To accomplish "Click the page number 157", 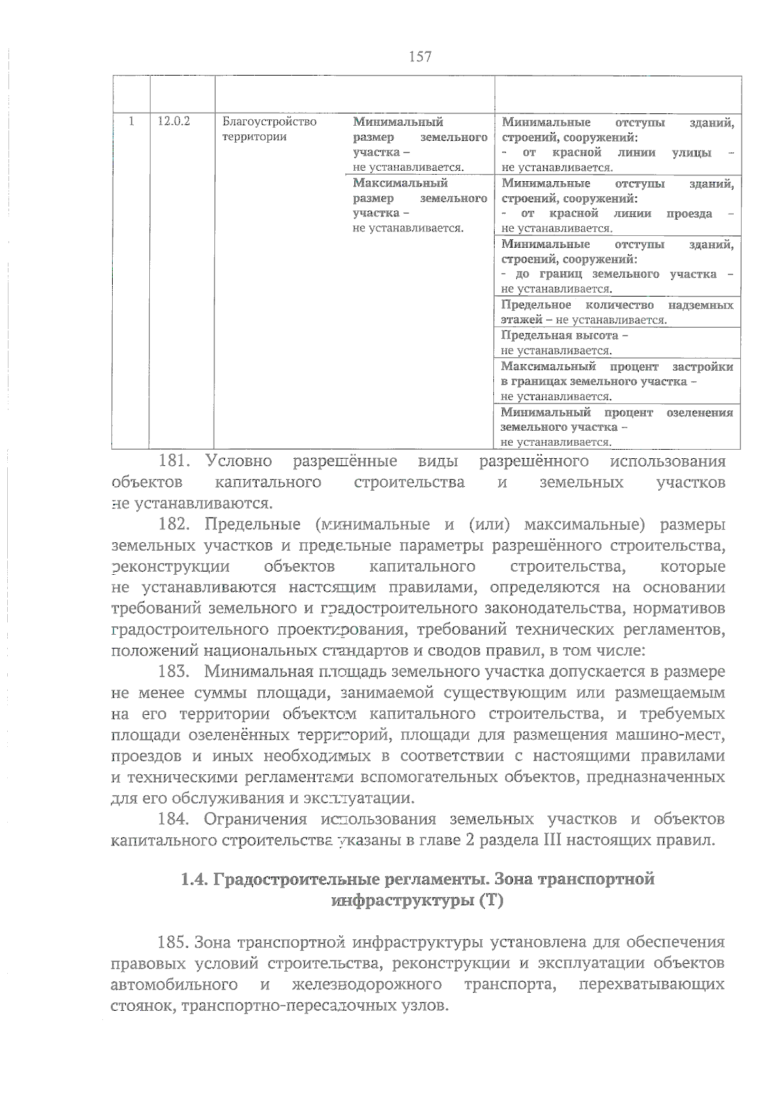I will tap(420, 57).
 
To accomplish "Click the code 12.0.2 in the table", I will tap(173, 121).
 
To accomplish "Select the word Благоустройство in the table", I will tap(269, 121).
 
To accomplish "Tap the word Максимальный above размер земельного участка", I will tap(400, 183).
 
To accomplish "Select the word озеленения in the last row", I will tap(700, 413).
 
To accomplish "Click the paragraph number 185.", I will tap(174, 942).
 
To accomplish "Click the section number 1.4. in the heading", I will tap(194, 879).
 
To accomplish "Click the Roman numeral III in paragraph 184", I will tap(551, 839).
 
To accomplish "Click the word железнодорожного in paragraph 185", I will tap(367, 984).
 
